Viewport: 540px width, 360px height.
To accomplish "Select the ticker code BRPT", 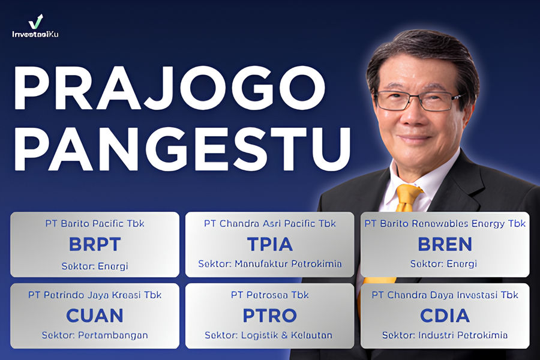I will click(95, 244).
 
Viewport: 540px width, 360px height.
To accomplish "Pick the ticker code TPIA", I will click(270, 244).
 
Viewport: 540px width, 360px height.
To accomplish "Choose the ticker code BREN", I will click(445, 244).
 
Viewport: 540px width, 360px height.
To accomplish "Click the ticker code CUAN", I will click(95, 315).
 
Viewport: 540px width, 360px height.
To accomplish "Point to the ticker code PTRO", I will click(270, 315).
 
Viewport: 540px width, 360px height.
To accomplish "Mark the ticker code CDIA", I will click(445, 315).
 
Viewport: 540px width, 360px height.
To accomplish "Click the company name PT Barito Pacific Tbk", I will click(95, 224).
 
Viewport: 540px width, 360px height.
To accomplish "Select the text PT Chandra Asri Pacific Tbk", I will click(270, 224).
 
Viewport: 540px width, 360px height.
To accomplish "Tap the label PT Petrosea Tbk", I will click(270, 295).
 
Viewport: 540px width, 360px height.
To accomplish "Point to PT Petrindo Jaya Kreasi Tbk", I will click(95, 295).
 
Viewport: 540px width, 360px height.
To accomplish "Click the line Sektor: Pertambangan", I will click(95, 335).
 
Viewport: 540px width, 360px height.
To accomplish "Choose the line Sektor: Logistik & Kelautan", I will click(270, 335).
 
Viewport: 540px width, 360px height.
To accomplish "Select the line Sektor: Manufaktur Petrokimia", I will click(270, 264).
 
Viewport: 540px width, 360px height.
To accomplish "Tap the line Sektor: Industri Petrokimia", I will click(445, 335).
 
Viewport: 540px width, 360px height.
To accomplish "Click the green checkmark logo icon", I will click(35, 22).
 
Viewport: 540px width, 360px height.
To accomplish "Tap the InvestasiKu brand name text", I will click(35, 34).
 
